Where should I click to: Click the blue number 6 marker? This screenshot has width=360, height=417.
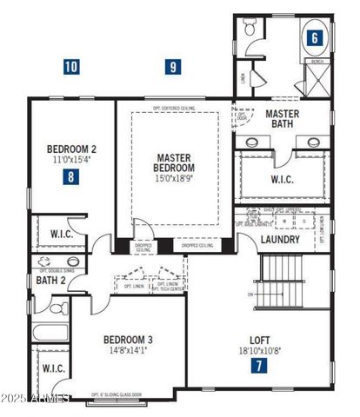[315, 37]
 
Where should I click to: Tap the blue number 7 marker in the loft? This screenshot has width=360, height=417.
[258, 366]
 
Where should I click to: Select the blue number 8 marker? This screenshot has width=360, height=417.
[70, 178]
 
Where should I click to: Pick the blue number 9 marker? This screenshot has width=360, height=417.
[174, 65]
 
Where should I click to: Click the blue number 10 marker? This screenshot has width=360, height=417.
[70, 65]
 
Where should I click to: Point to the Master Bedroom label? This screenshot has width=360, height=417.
[175, 162]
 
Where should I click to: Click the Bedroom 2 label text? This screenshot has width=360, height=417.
[70, 149]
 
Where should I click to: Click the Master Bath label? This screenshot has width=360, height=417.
[282, 119]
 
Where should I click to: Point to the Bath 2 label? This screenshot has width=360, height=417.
[51, 280]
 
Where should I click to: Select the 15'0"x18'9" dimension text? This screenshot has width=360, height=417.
[175, 178]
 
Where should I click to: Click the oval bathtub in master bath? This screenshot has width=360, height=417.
[315, 38]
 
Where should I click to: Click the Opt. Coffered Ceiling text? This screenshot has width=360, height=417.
[175, 108]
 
